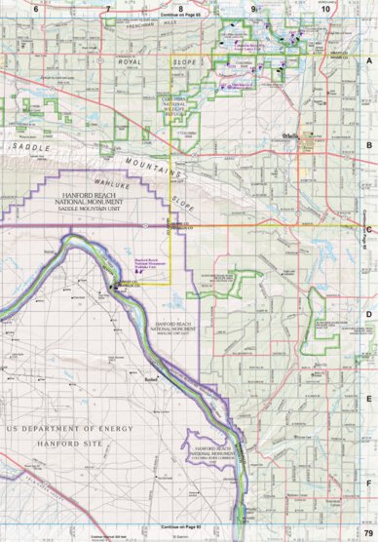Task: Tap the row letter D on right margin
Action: click(369, 314)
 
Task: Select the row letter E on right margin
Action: click(369, 398)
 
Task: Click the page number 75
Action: click(367, 530)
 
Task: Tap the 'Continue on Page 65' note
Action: click(181, 16)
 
